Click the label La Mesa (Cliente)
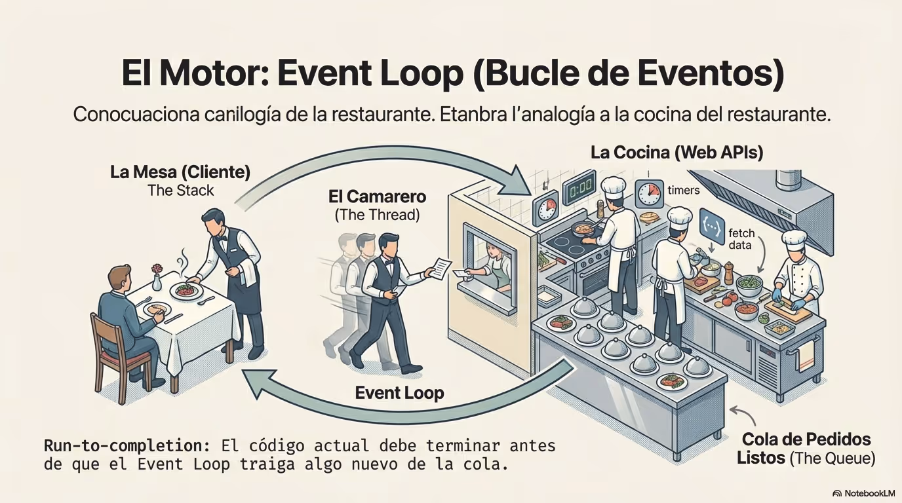click(x=180, y=172)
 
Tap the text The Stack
click(x=180, y=191)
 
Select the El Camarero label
click(x=378, y=196)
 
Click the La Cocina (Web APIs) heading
click(x=677, y=153)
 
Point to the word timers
click(x=684, y=190)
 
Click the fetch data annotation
click(x=741, y=238)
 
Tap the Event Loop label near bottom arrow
click(x=399, y=393)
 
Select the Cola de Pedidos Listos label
click(x=806, y=449)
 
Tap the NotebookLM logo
click(x=863, y=493)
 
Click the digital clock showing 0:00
click(x=579, y=186)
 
